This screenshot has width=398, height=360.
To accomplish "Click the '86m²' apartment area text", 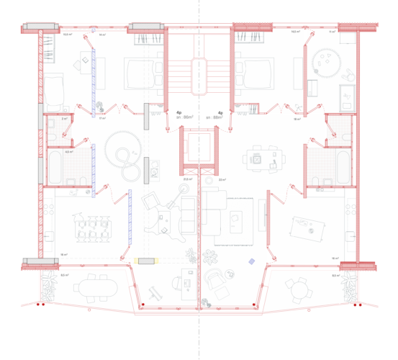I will (x=189, y=117).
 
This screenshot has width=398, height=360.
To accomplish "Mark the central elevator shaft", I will (x=198, y=148).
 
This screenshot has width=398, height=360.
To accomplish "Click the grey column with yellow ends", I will (x=146, y=259).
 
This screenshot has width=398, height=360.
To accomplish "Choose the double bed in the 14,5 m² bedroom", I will (x=253, y=73).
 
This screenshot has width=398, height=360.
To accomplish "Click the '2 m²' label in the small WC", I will (x=64, y=119).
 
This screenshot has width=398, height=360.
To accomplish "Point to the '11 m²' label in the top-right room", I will (x=332, y=32).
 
